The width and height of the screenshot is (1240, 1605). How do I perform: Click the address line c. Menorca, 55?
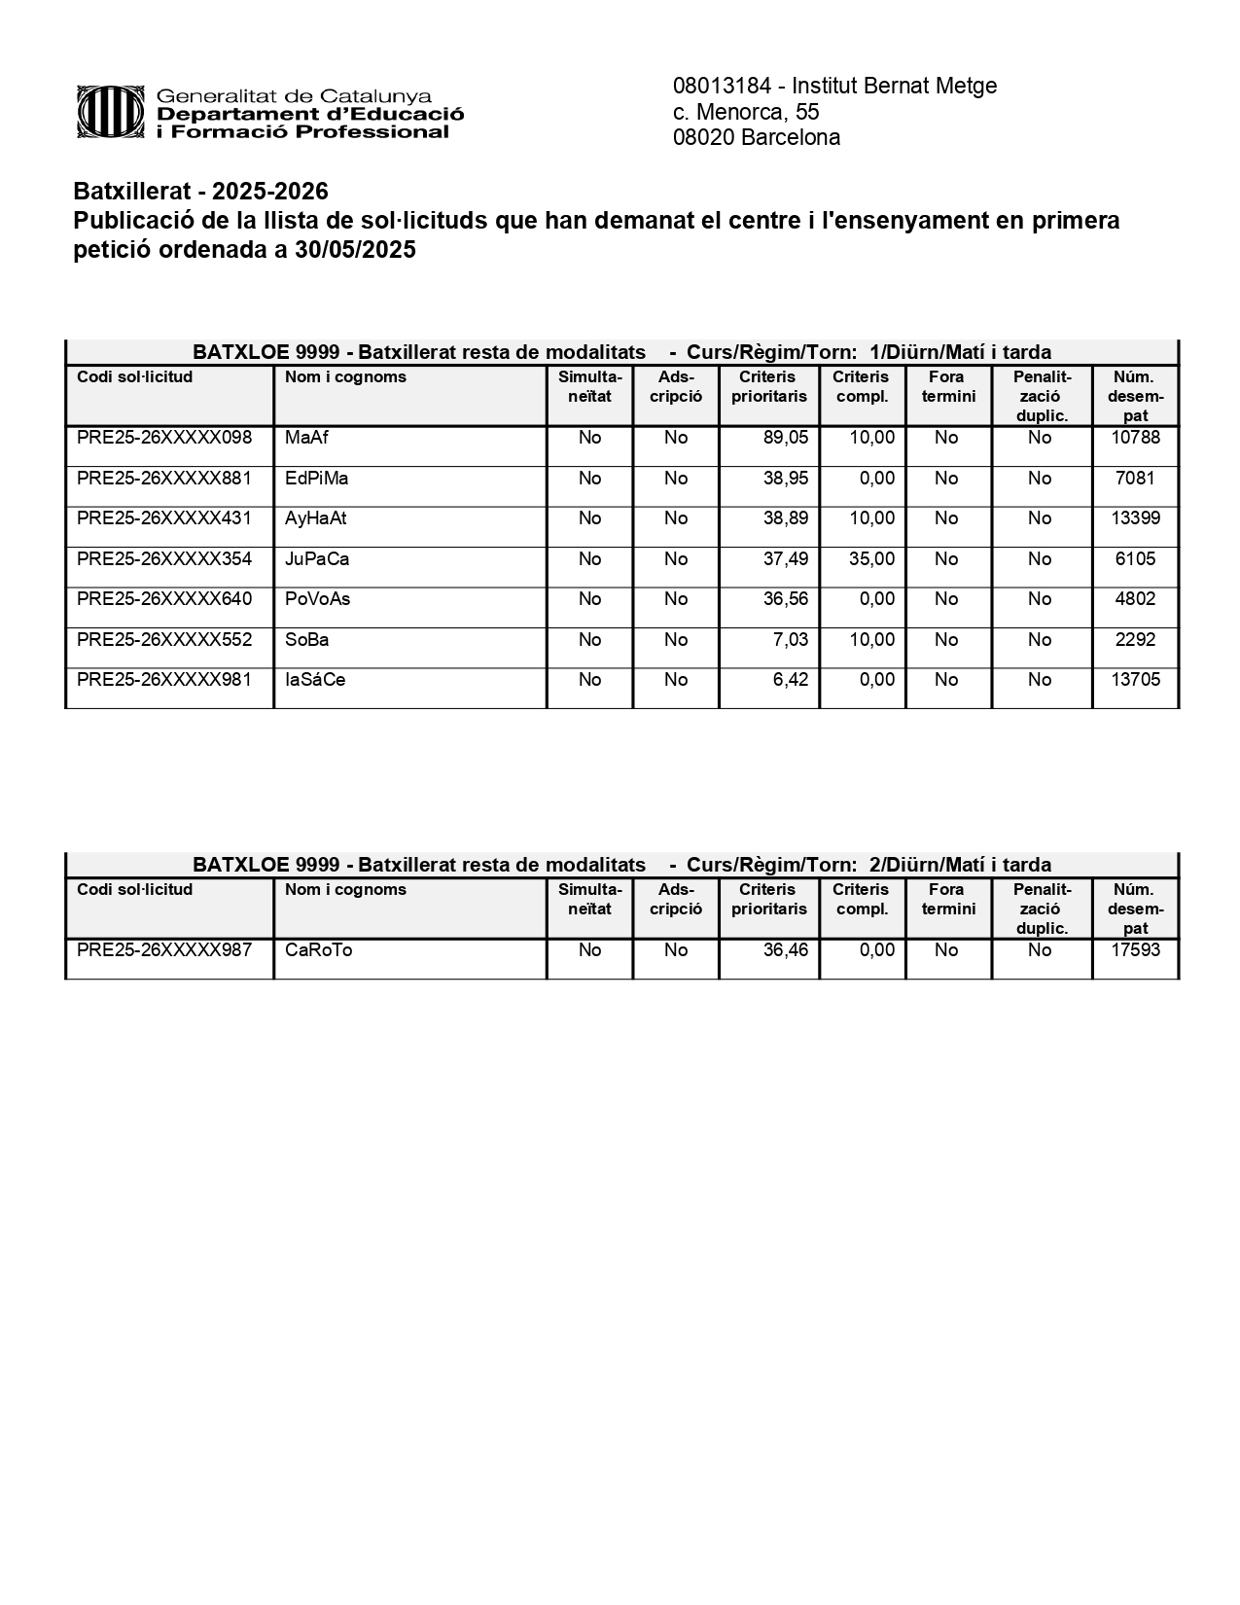click(746, 112)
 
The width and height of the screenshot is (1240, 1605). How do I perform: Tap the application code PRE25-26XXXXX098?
click(164, 438)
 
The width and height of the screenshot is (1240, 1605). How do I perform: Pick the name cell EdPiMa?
click(316, 479)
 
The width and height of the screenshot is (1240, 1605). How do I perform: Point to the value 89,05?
click(785, 438)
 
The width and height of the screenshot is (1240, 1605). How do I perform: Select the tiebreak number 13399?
click(1135, 518)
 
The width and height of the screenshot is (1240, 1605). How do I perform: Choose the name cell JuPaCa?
click(317, 559)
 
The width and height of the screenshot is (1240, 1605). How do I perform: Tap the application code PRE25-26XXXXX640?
click(164, 599)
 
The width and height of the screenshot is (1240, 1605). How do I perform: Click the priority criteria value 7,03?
click(790, 640)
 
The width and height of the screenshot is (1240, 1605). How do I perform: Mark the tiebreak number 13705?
click(1135, 680)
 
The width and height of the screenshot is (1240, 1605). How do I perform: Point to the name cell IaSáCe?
click(315, 680)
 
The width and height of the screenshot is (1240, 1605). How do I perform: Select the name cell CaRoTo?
click(318, 950)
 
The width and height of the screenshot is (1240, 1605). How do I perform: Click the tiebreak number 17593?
click(1135, 950)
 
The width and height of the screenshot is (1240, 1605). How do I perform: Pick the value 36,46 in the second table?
click(785, 950)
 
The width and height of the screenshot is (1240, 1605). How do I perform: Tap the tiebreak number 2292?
click(1135, 640)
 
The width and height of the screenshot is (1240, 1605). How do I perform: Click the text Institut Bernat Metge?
click(894, 86)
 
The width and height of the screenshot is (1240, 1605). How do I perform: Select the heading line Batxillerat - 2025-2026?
click(201, 191)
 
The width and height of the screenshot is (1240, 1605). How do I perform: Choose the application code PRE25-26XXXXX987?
click(164, 950)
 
